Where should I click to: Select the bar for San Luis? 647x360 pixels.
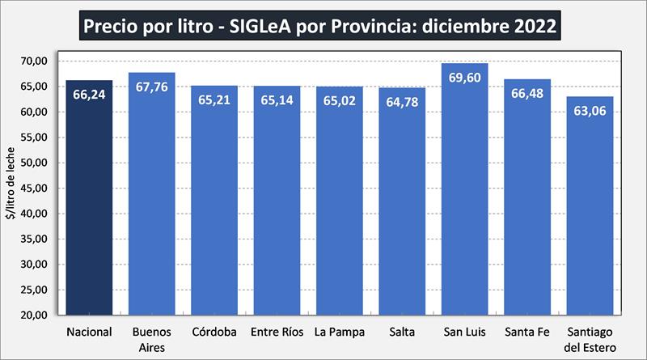pos(465,202)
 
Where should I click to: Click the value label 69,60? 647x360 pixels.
pos(465,79)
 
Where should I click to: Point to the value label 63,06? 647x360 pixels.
pos(590,112)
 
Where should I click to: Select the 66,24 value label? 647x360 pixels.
pos(89,95)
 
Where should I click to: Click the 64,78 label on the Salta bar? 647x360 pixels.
pos(402,104)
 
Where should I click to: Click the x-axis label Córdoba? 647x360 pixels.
pos(214,332)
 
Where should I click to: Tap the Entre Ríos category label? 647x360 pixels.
pos(277,332)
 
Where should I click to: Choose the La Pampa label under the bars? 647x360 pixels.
pos(340,332)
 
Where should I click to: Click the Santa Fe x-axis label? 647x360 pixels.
pos(527,332)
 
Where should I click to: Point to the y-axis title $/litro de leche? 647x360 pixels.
pos(11,188)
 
